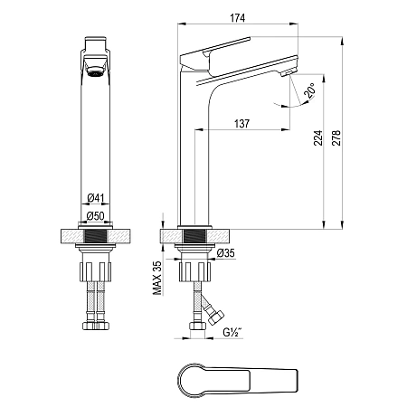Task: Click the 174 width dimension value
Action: point(238,18)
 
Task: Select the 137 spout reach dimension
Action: point(241,124)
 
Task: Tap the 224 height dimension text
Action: point(318,138)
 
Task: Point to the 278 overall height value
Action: point(336,138)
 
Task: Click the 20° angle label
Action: point(309,90)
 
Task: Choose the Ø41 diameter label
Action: point(96,198)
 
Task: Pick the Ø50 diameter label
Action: point(95,216)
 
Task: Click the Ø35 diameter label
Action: point(225,253)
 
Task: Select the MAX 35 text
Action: point(157,278)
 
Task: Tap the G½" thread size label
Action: point(232,332)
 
